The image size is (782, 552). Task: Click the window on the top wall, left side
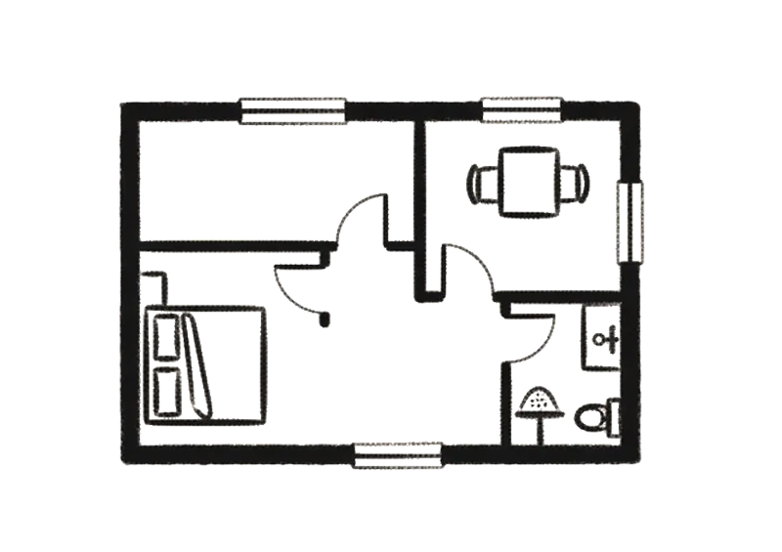(293, 111)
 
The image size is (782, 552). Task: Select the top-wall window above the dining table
(521, 108)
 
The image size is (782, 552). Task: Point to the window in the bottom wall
(397, 455)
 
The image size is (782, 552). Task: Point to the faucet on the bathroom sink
(607, 340)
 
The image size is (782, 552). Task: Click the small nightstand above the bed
(157, 289)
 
